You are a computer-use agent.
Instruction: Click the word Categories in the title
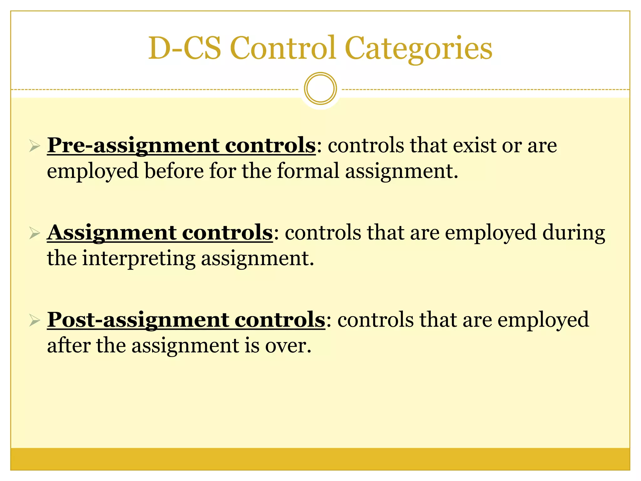coord(418,49)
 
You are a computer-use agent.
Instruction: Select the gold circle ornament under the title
coord(320,89)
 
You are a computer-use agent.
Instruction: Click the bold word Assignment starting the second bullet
coord(111,233)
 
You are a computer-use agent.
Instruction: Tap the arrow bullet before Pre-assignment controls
coord(34,146)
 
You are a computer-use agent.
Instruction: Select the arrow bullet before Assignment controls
coord(34,233)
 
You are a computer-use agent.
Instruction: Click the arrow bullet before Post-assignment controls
coord(34,320)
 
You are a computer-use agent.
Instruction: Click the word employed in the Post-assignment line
coord(543,320)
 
